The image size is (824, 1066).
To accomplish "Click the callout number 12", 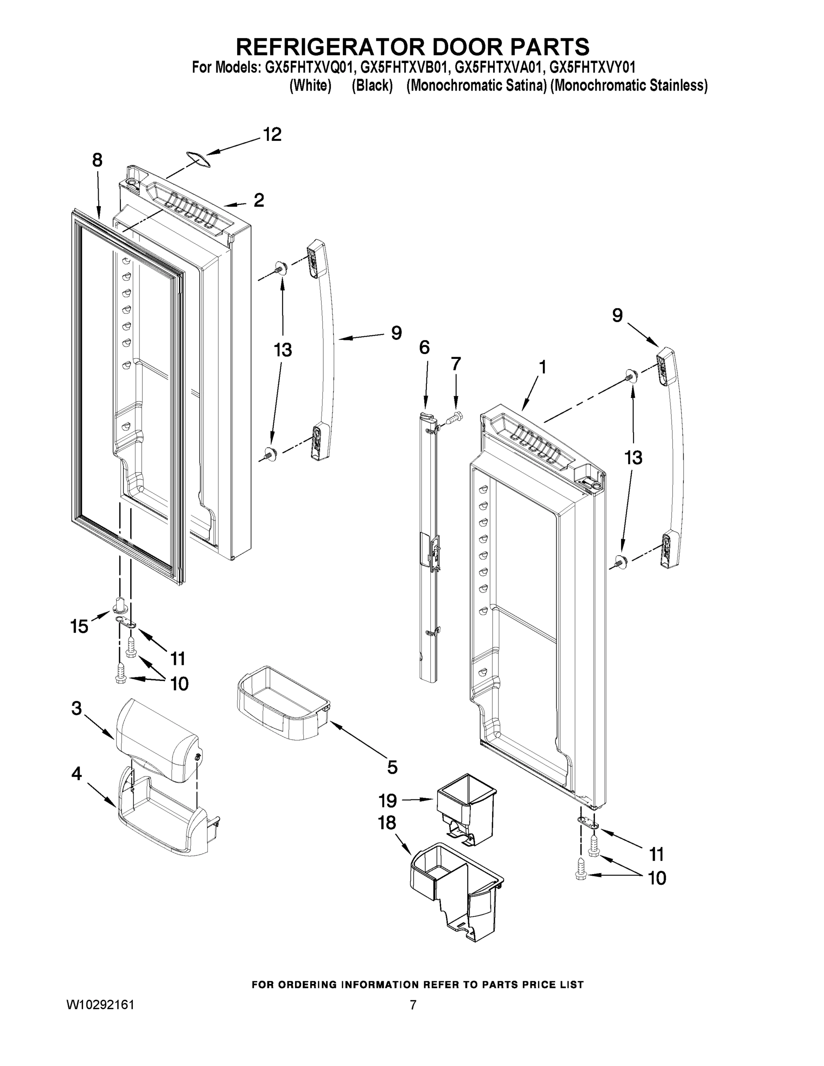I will click(x=272, y=134).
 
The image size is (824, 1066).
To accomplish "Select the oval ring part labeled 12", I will click(x=197, y=159).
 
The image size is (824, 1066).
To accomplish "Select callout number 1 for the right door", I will click(x=542, y=367).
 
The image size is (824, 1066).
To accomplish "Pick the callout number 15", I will click(x=79, y=626).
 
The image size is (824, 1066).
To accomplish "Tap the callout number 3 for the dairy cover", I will click(x=77, y=708).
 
